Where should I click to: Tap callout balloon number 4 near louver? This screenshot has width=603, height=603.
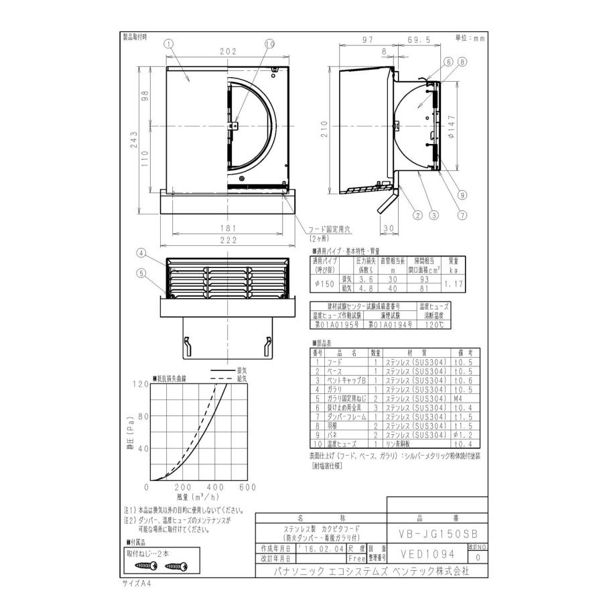pos(141,253)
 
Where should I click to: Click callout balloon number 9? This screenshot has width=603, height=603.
pos(462,194)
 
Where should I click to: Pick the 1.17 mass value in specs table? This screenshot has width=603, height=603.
pos(453,283)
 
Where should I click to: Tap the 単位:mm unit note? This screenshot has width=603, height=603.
pos(470,38)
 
